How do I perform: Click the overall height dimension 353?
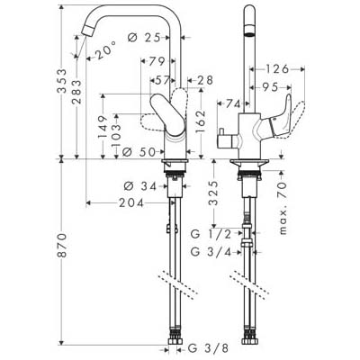(x=62, y=81)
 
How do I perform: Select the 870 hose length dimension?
(x=62, y=245)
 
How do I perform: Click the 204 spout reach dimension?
(x=131, y=203)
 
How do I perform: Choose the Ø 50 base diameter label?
(x=139, y=152)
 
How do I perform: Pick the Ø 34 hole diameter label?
(x=140, y=186)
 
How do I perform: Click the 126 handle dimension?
(x=276, y=69)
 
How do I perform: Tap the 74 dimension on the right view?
(x=233, y=104)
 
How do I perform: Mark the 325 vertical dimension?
(x=213, y=193)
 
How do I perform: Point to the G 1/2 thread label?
(x=211, y=234)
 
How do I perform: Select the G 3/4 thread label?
(x=211, y=252)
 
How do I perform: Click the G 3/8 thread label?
(x=208, y=348)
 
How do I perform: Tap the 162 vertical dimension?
(x=201, y=121)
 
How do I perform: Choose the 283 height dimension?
(x=76, y=92)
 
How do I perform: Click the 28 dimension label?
(x=204, y=80)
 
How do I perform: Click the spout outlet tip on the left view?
(x=86, y=31)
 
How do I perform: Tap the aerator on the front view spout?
(x=249, y=31)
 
